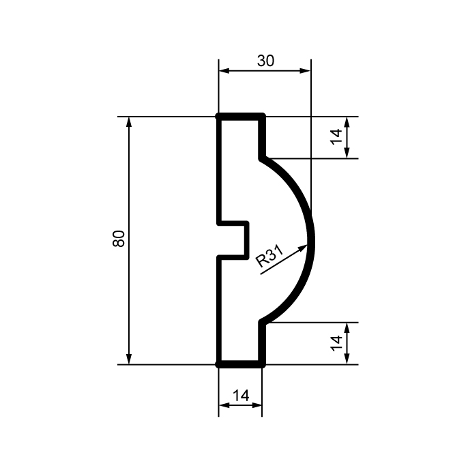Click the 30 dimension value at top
point(265,61)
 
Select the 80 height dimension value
point(119,239)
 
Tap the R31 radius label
point(269,255)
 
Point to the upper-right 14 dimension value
point(336,136)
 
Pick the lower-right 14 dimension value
point(336,343)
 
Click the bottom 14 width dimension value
point(241,396)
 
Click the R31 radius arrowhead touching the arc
point(303,248)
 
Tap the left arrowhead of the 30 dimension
point(224,71)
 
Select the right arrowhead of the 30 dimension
point(305,71)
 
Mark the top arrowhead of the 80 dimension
point(129,122)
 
